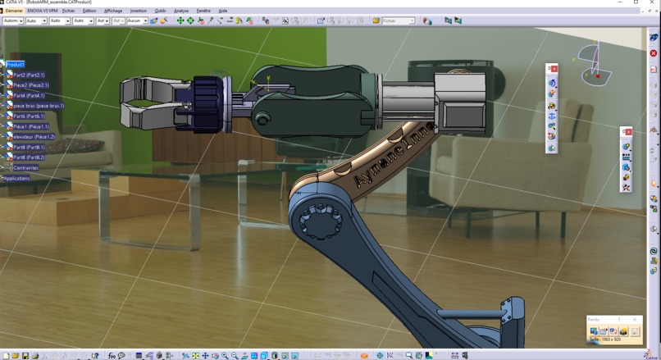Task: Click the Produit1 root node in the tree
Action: [x=16, y=64]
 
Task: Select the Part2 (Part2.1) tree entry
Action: [x=29, y=75]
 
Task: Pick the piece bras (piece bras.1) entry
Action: [x=39, y=106]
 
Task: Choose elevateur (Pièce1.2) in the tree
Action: [x=34, y=137]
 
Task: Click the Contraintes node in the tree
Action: [x=25, y=168]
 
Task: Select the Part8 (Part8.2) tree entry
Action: [x=29, y=157]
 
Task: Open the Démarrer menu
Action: [x=14, y=11]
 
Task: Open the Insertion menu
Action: [x=139, y=11]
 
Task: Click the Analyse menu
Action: [x=181, y=11]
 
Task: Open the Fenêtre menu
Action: [x=203, y=11]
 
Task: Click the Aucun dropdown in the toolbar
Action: [x=137, y=21]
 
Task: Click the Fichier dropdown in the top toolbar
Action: [x=399, y=21]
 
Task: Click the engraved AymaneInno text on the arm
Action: [x=390, y=156]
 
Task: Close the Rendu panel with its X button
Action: [x=634, y=319]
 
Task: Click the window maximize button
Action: [x=636, y=3]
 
